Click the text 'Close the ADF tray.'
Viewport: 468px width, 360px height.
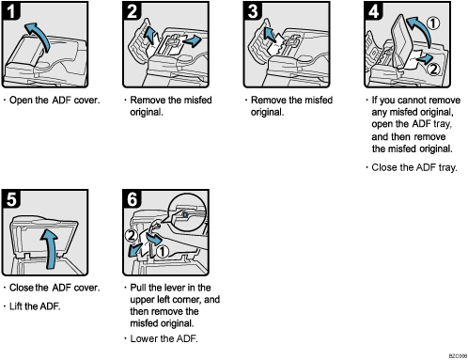click(413, 167)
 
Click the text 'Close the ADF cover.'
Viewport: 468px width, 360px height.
click(54, 287)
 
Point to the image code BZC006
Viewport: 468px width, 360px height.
click(452, 354)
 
